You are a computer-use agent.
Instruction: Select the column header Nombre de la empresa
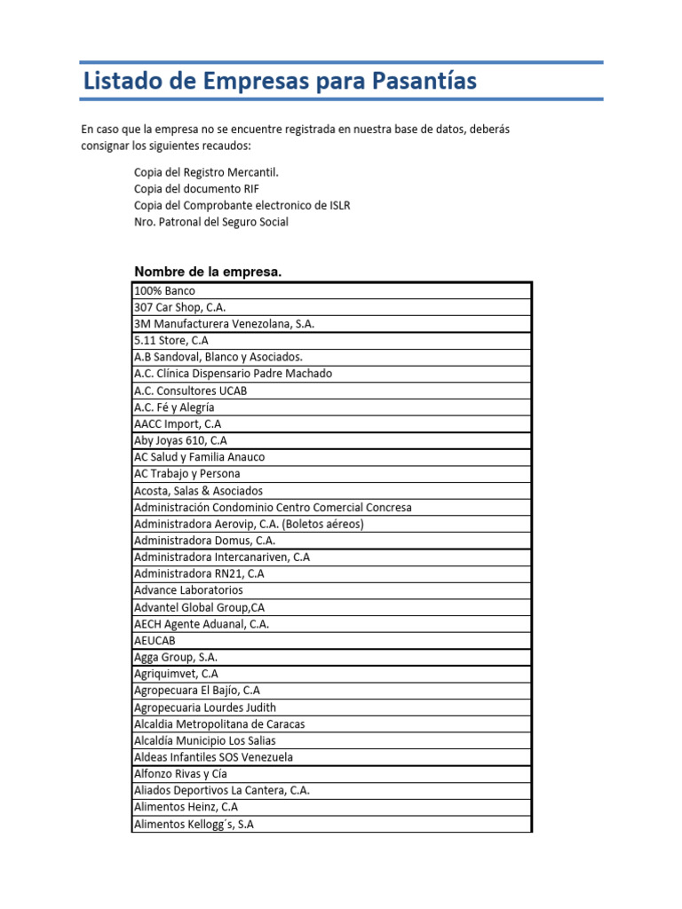207,272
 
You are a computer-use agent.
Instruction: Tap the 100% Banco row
164,290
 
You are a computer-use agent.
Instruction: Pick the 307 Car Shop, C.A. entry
180,307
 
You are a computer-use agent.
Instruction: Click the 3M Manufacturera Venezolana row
224,324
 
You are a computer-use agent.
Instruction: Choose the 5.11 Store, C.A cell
171,340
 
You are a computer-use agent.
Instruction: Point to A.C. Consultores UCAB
190,391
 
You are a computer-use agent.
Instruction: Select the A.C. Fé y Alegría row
174,407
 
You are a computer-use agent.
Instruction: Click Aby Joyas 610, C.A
180,440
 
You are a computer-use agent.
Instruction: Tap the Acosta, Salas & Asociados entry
198,490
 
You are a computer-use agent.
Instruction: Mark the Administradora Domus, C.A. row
204,540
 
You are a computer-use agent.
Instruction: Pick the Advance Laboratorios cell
188,590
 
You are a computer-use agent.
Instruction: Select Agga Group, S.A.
176,657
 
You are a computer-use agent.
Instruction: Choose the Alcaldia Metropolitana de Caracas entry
219,723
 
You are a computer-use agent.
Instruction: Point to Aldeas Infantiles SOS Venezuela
213,757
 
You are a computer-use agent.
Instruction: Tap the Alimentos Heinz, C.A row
186,807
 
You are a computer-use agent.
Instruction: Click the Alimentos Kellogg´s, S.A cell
194,824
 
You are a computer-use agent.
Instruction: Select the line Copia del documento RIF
196,189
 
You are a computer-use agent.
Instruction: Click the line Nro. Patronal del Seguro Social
210,222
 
